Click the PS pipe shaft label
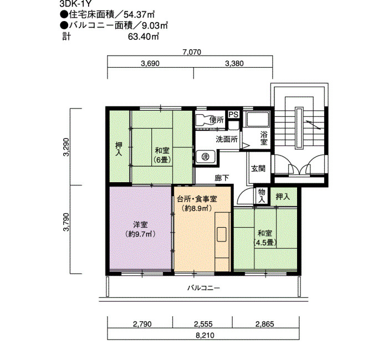click(233, 114)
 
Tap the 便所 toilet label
click(217, 120)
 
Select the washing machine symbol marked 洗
click(205, 157)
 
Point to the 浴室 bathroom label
click(264, 138)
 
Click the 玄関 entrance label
click(258, 168)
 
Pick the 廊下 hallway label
click(222, 178)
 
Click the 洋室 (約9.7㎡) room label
click(140, 229)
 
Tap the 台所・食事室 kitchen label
click(197, 199)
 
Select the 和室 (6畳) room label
click(162, 155)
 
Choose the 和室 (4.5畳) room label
click(265, 238)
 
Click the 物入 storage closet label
click(262, 196)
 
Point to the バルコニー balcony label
click(203, 288)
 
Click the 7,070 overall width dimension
click(192, 52)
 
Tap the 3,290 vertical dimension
click(67, 147)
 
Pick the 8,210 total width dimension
click(205, 335)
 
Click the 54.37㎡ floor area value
click(139, 15)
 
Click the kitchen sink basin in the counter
click(222, 234)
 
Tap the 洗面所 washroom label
click(227, 140)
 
